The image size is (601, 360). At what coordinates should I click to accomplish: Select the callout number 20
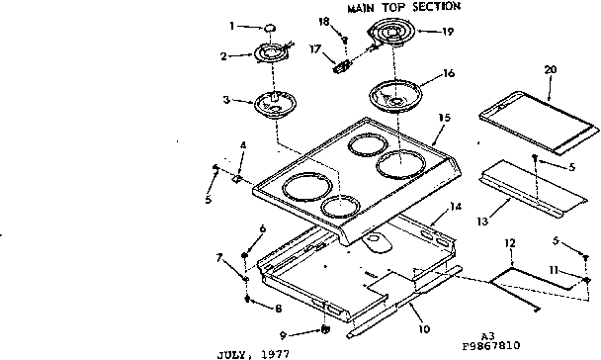coord(550,69)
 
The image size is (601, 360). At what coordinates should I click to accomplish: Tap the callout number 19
coord(448,32)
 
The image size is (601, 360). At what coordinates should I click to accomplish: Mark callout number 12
coord(510,242)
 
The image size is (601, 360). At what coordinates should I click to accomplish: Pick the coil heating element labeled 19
coord(389,39)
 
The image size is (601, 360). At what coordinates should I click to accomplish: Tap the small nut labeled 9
coord(323,329)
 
